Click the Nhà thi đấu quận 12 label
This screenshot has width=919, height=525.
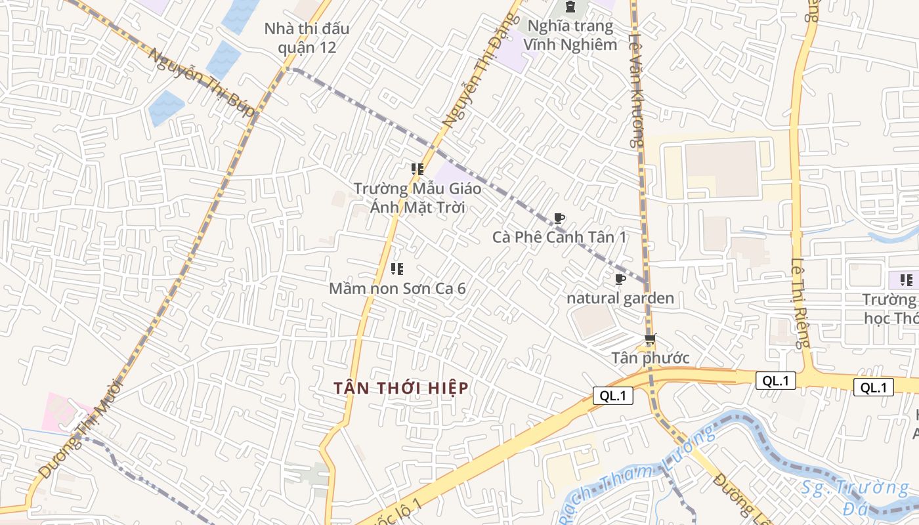307,38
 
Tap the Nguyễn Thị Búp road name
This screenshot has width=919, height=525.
200,83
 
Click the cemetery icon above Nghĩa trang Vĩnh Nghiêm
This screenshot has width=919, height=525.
570,7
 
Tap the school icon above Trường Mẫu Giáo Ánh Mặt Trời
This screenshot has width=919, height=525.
417,169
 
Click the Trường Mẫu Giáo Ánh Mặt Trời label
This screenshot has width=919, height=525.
417,198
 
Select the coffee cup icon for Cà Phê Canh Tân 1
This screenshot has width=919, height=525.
559,219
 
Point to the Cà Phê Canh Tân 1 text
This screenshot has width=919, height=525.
559,237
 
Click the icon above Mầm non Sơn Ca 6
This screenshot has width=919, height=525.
396,268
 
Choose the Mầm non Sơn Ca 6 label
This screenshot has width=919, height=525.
397,288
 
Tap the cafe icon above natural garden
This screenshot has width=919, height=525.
620,280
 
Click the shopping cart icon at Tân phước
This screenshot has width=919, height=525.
650,340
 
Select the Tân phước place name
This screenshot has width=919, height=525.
651,358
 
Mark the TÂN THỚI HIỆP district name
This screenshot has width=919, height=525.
401,388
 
